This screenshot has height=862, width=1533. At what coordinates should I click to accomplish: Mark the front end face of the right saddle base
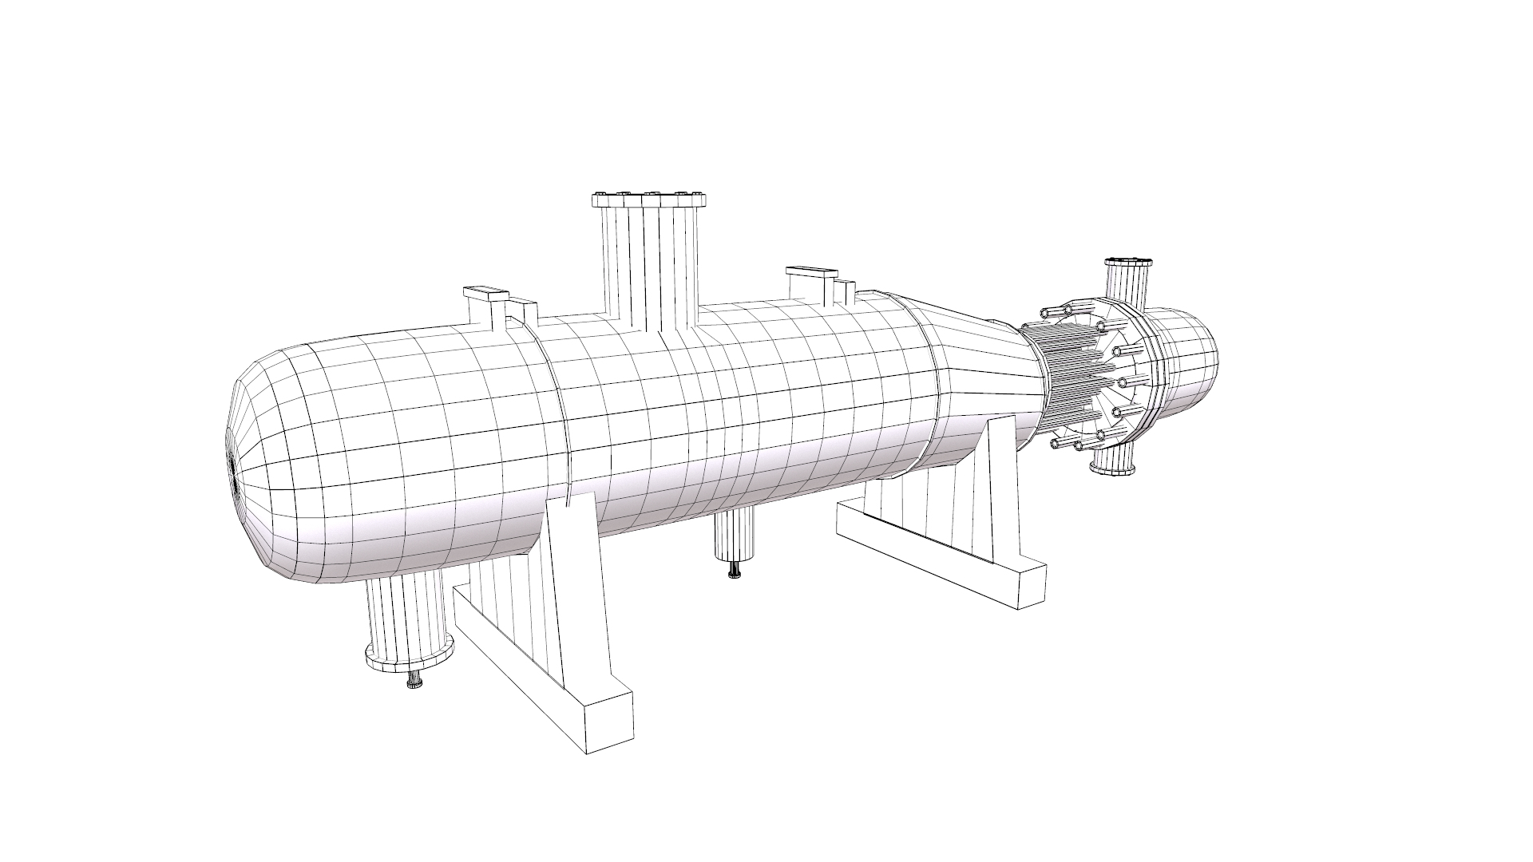[1033, 586]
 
